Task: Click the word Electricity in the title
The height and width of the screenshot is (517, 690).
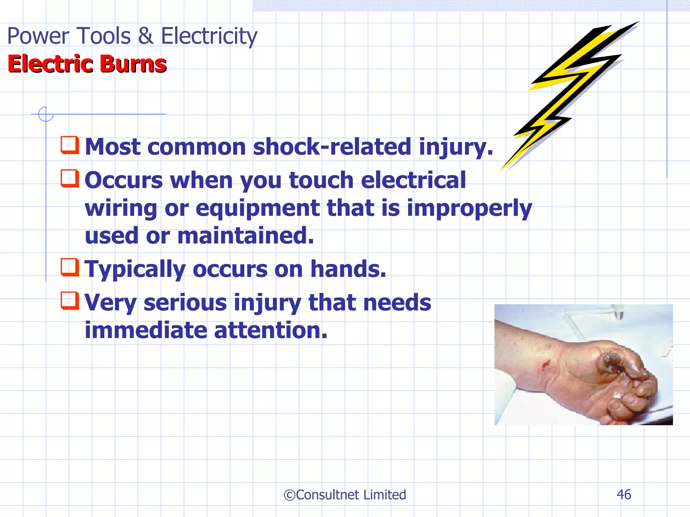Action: [x=209, y=36]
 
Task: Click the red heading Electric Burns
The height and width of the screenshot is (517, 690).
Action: [x=87, y=64]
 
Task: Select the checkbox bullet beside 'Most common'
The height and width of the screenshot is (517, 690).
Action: [x=70, y=145]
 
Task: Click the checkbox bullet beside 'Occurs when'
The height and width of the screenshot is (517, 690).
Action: [x=70, y=178]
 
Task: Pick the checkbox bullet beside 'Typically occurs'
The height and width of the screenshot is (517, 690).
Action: [x=70, y=267]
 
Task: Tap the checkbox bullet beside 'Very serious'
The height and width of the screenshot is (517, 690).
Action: [x=70, y=301]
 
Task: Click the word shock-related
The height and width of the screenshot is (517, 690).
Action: [x=332, y=147]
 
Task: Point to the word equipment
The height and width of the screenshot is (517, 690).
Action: [x=257, y=208]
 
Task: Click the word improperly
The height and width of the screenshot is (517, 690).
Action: [x=469, y=209]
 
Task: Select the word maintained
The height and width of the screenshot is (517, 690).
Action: [x=246, y=236]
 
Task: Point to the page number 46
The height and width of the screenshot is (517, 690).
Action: [x=624, y=494]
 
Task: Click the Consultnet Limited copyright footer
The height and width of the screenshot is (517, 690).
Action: [x=345, y=495]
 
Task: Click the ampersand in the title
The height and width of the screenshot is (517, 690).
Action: [x=146, y=36]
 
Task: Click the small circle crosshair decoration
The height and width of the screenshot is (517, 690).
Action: [x=45, y=114]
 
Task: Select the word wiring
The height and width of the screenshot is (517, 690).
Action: [x=121, y=209]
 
